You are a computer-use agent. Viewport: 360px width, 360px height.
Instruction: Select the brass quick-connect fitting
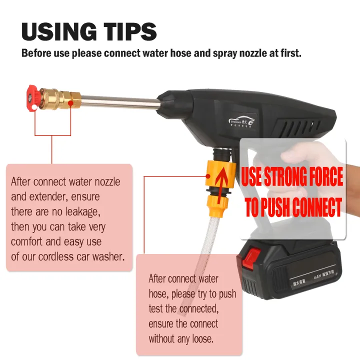[57, 97]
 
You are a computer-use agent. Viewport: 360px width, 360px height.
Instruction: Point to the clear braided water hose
[200, 250]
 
